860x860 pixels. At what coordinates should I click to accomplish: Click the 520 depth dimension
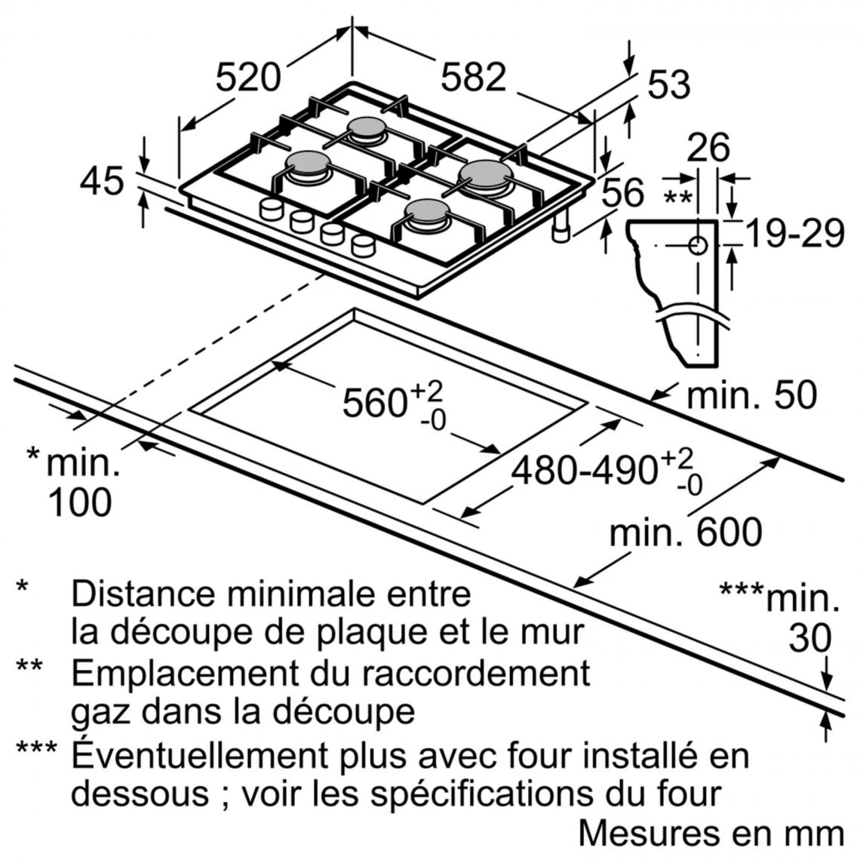[x=248, y=78]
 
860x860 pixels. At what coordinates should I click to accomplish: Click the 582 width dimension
[x=473, y=78]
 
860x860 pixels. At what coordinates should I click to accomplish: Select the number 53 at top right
[x=668, y=84]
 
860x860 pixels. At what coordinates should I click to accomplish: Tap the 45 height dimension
[x=102, y=182]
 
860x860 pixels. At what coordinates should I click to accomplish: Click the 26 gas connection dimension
[x=708, y=148]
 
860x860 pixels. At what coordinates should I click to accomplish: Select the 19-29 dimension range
[x=794, y=235]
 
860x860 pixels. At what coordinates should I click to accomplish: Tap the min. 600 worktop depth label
[x=685, y=533]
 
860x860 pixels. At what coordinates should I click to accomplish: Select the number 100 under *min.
[x=79, y=502]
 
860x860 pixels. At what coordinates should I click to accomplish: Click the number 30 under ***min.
[x=809, y=638]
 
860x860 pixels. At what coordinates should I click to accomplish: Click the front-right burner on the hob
[x=428, y=213]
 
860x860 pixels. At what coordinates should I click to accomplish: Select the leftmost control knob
[x=270, y=210]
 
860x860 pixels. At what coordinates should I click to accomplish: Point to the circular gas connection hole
[x=698, y=245]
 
